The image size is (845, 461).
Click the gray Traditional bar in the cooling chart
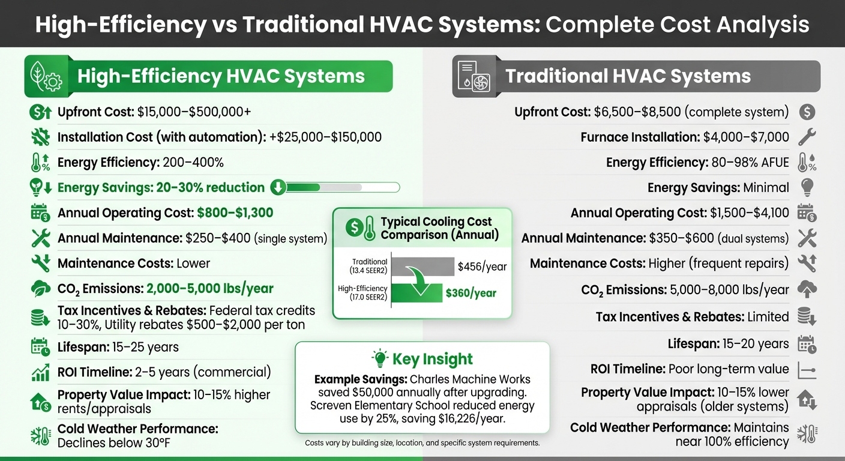tap(423, 266)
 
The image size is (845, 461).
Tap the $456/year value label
tap(482, 266)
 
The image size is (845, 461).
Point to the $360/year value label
tap(471, 294)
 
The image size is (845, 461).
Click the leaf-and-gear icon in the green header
tap(43, 77)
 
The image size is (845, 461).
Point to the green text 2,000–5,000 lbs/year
tap(209, 289)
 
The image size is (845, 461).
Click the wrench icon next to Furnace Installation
tap(807, 137)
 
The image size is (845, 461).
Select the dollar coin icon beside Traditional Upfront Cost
tap(807, 112)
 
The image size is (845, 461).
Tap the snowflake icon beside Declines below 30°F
tap(40, 436)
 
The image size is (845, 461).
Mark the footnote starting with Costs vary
tap(422, 443)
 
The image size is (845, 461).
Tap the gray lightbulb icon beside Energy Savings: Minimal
tap(807, 188)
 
